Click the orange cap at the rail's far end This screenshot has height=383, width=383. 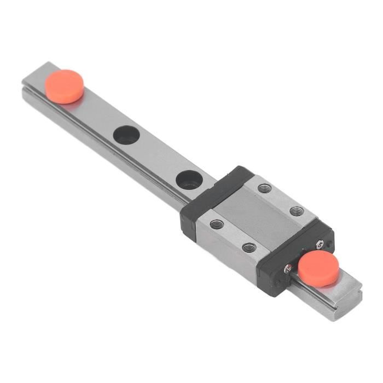[x=65, y=86]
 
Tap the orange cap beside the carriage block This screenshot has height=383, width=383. [x=318, y=269]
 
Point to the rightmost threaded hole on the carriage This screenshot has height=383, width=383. [x=297, y=211]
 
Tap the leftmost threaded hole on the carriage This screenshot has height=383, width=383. [x=217, y=224]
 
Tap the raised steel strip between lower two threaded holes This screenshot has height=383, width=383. [x=233, y=235]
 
